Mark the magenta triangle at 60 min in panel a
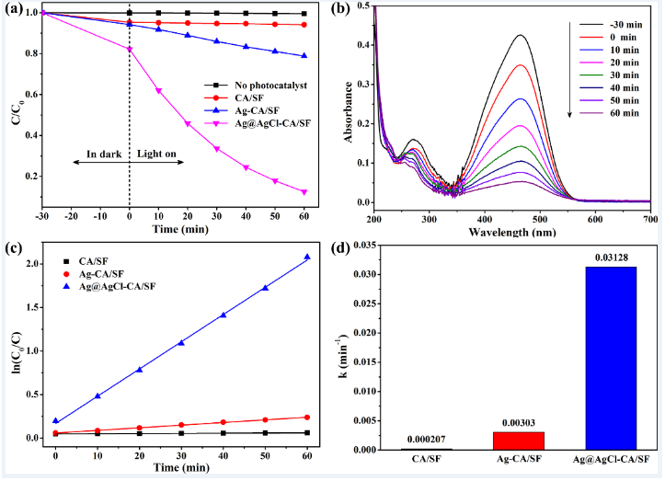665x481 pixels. tap(304, 192)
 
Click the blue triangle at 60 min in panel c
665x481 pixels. tap(306, 257)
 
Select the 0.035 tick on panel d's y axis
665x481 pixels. tap(361, 245)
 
